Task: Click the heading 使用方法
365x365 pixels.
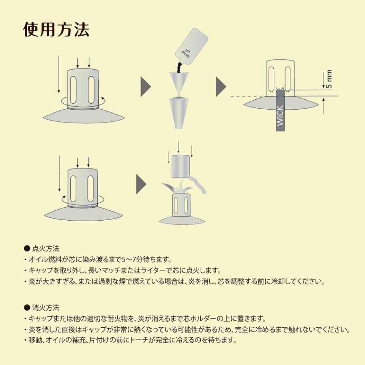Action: click(x=56, y=29)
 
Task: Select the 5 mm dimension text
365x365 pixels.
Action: click(x=329, y=79)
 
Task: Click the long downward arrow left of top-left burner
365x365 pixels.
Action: click(x=59, y=75)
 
